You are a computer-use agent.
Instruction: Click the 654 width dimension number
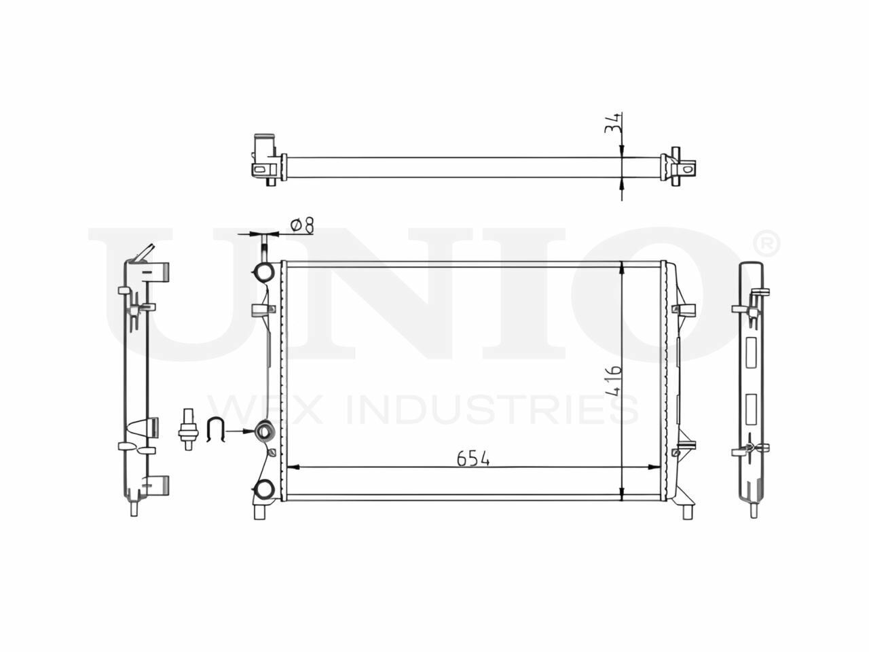coord(473,458)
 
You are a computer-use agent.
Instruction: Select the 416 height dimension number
coord(614,381)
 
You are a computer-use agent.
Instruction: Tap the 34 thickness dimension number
coord(612,124)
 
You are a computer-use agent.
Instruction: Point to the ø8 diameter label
coord(302,225)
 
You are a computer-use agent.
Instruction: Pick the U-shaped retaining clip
coord(216,429)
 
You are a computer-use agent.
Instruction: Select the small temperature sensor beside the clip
coord(188,429)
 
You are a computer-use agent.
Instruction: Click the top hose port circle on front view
coord(263,272)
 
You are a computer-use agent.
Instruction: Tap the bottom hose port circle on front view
coord(263,489)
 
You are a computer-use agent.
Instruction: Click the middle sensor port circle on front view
coord(263,431)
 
